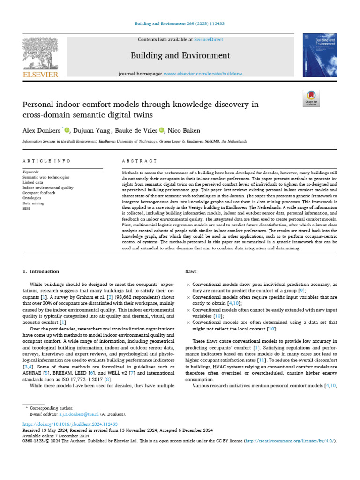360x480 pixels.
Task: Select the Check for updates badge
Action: pos(311,98)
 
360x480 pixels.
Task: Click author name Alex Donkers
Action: pos(42,130)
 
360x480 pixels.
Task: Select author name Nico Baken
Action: pos(185,130)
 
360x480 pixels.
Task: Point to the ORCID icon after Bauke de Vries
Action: pos(162,130)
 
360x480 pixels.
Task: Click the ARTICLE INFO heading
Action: pos(46,161)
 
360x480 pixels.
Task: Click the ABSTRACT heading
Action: pos(139,161)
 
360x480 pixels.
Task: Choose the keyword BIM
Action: pos(26,208)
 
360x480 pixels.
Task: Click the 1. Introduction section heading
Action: pos(41,271)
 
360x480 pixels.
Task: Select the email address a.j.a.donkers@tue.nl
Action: pos(76,414)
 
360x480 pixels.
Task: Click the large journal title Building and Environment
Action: pos(180,56)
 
